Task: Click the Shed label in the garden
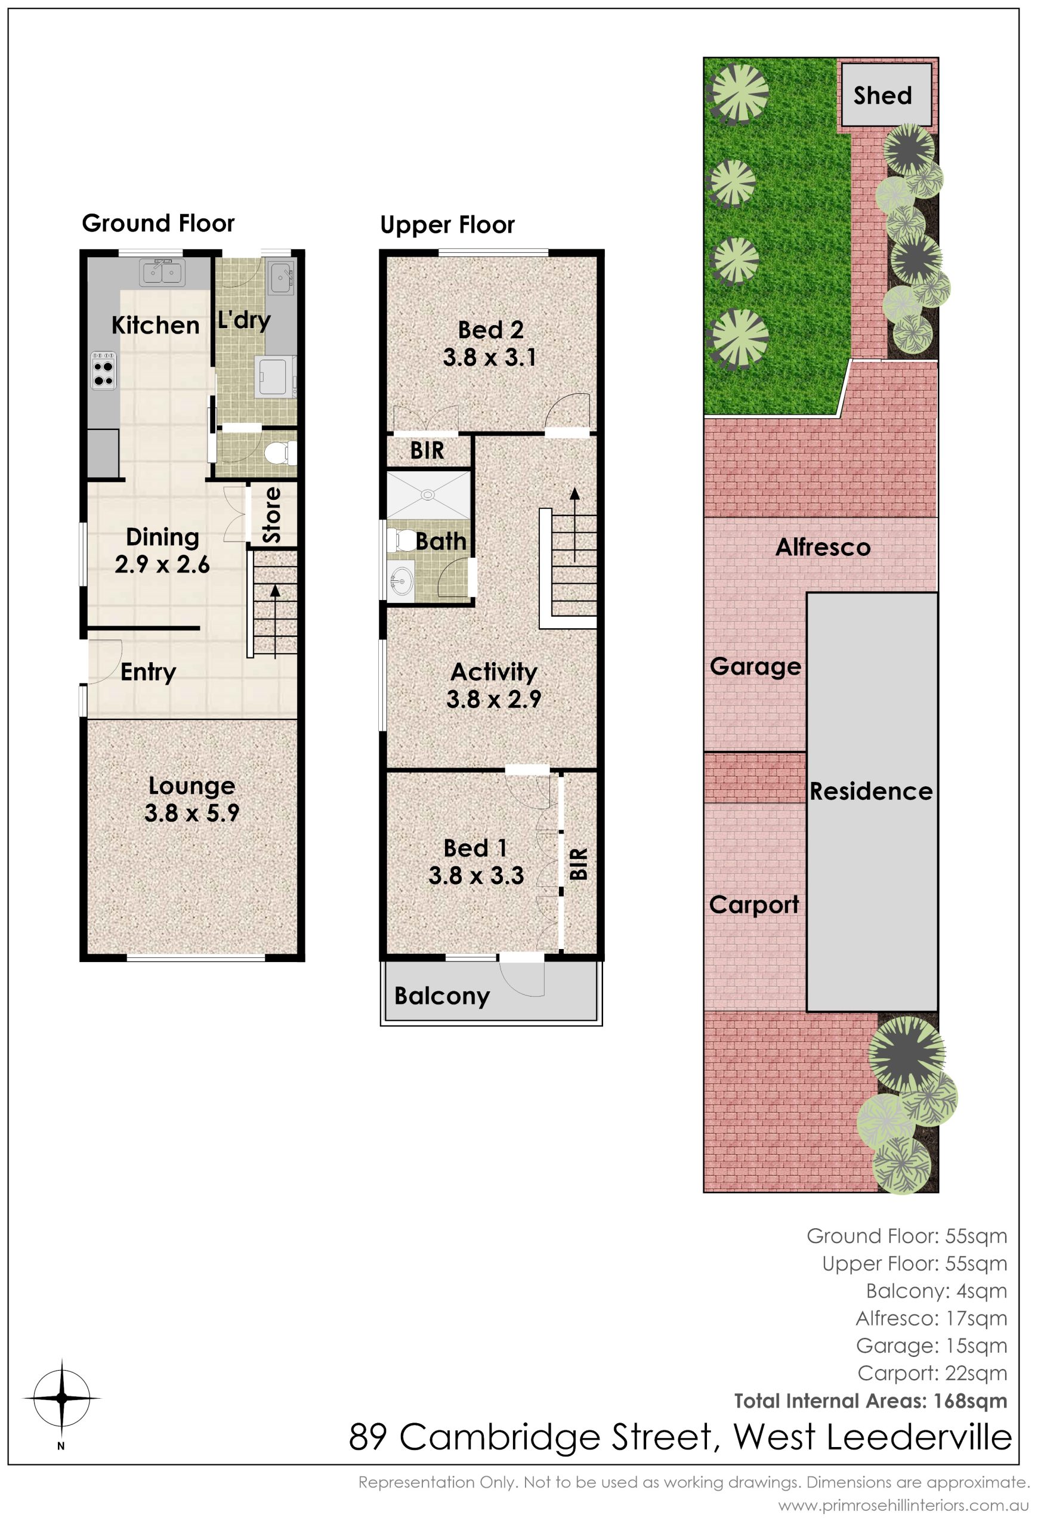(x=882, y=96)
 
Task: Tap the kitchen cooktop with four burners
(x=104, y=370)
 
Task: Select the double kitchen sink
(x=162, y=272)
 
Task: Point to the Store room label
(x=271, y=515)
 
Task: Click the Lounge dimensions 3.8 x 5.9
(x=192, y=814)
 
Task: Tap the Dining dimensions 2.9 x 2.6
(x=162, y=564)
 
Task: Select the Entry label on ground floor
(x=149, y=672)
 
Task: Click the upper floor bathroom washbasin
(x=400, y=580)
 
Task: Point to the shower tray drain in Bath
(x=428, y=494)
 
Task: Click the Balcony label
(x=442, y=996)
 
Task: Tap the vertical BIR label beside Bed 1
(x=578, y=863)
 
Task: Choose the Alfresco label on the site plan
(x=823, y=548)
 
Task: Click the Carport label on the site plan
(x=754, y=905)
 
